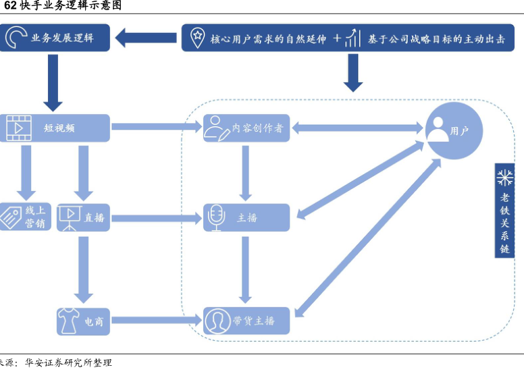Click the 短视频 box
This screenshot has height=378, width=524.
(x=55, y=128)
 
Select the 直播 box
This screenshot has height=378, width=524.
(x=83, y=217)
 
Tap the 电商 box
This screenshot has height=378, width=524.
(x=83, y=321)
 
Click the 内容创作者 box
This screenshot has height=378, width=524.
(x=246, y=128)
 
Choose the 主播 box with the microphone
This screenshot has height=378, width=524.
(x=246, y=217)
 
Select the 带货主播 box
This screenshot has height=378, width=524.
(x=246, y=320)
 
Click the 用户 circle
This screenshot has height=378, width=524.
(x=454, y=130)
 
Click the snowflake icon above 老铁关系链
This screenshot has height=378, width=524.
(x=504, y=178)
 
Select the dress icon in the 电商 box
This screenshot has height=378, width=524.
(x=68, y=321)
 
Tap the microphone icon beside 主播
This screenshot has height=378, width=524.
(x=216, y=217)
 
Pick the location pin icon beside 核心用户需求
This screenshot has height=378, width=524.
(x=197, y=38)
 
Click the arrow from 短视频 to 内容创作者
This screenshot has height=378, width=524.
(x=156, y=127)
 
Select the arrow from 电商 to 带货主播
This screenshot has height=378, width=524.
(x=156, y=321)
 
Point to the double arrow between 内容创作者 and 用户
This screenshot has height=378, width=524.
(x=357, y=127)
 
